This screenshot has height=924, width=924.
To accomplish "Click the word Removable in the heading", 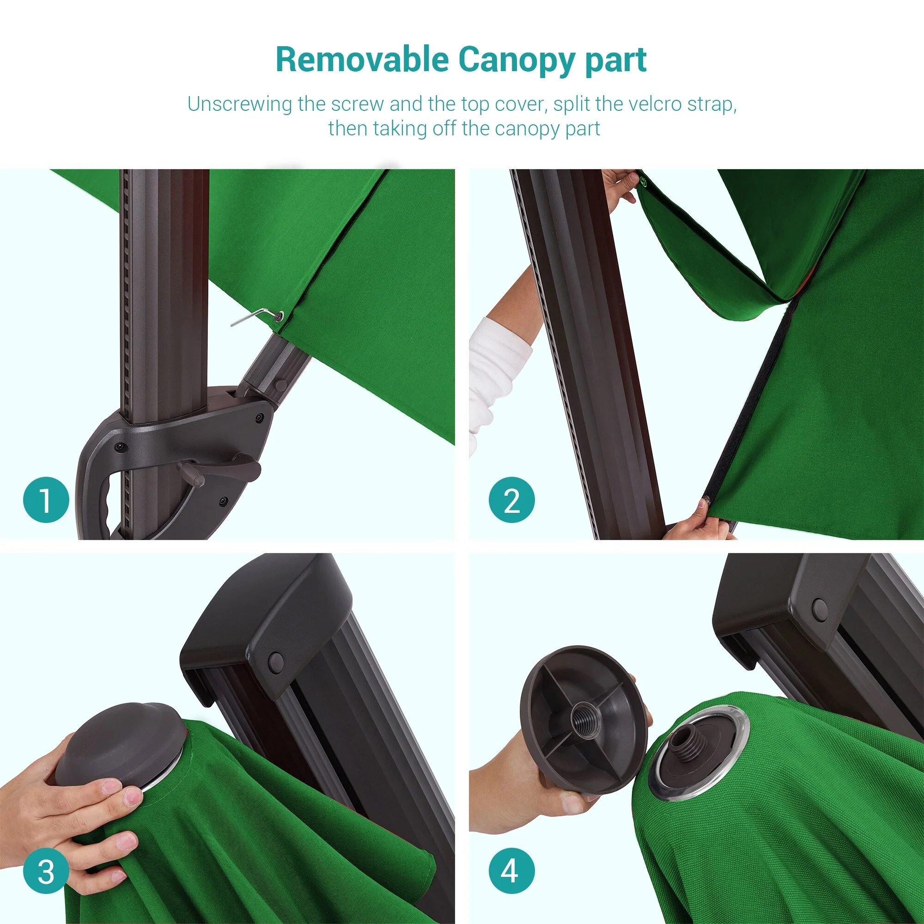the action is coord(362,60).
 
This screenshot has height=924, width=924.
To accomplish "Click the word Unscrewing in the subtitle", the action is coord(239,104).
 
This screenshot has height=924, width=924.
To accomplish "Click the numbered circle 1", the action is coord(46,500).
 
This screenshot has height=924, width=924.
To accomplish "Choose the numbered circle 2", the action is coord(512,500).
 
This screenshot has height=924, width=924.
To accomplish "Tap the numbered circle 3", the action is coord(46,872).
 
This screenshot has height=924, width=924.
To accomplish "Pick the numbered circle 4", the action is coord(512,872).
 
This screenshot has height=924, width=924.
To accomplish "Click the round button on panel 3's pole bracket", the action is coord(276,662).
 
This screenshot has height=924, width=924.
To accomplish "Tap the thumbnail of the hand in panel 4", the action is coord(572,803).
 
